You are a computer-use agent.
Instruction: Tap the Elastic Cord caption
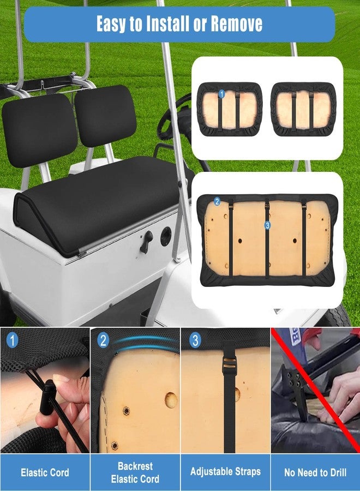click(45, 472)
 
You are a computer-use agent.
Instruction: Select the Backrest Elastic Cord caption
click(135, 472)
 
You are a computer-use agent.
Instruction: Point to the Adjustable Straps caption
click(225, 471)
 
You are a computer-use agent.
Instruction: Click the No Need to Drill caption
click(315, 472)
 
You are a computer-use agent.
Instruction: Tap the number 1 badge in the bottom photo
click(12, 340)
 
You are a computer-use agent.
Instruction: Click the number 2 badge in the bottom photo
click(103, 340)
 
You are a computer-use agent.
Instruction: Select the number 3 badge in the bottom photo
click(195, 340)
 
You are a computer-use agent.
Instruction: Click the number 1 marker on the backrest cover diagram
click(221, 94)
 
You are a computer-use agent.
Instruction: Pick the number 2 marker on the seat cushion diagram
click(217, 201)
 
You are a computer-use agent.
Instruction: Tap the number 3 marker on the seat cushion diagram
click(267, 225)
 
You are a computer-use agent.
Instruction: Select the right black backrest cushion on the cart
click(105, 116)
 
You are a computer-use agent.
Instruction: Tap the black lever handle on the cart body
click(146, 242)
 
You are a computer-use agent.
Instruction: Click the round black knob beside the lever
click(166, 236)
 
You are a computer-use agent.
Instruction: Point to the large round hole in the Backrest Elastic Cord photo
click(171, 400)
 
